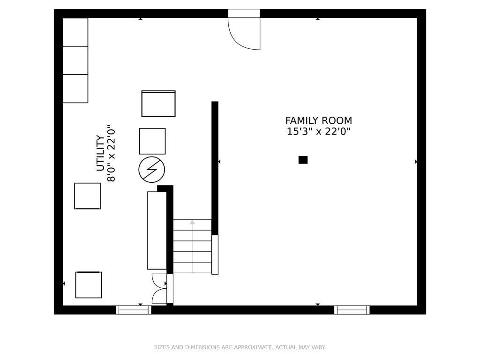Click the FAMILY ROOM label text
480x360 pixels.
pyautogui.click(x=318, y=121)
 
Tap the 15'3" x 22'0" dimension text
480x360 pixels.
pyautogui.click(x=318, y=132)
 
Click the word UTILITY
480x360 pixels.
pyautogui.click(x=100, y=153)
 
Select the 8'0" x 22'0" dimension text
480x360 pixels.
pyautogui.click(x=112, y=153)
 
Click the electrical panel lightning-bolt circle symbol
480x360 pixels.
pyautogui.click(x=152, y=170)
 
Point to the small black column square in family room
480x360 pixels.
pyautogui.click(x=303, y=160)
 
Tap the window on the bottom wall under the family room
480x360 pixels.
pyautogui.click(x=352, y=310)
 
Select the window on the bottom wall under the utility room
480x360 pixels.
pyautogui.click(x=133, y=310)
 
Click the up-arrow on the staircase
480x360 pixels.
pyautogui.click(x=192, y=223)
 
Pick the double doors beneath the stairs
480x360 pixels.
pyautogui.click(x=159, y=289)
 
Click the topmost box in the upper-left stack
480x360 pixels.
pyautogui.click(x=75, y=32)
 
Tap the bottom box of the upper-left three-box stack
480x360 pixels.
pyautogui.click(x=75, y=89)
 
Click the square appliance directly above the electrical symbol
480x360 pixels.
pyautogui.click(x=152, y=141)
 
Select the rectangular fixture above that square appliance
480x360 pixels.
pyautogui.click(x=158, y=104)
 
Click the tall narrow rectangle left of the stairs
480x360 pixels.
pyautogui.click(x=157, y=230)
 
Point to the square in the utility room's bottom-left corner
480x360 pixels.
pyautogui.click(x=89, y=285)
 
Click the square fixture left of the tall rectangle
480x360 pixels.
pyautogui.click(x=87, y=196)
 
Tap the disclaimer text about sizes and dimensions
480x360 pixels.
pyautogui.click(x=240, y=347)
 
